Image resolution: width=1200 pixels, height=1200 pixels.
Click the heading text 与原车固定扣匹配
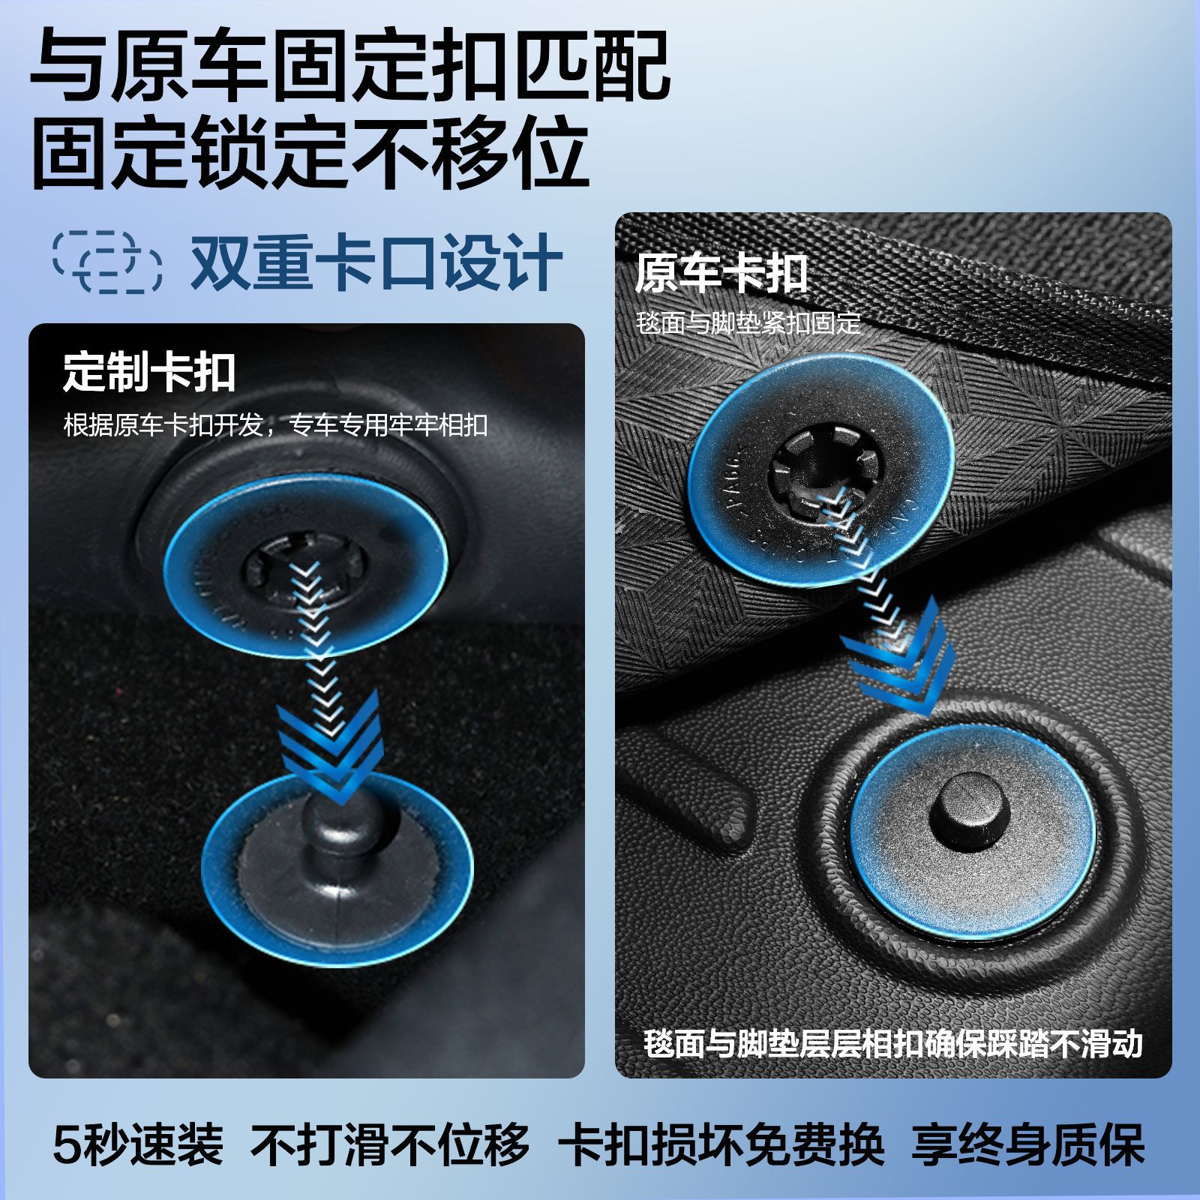pyautogui.click(x=349, y=65)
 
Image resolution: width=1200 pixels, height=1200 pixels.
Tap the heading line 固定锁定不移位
pyautogui.click(x=309, y=155)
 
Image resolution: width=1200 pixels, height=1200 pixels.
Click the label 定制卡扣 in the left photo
pyautogui.click(x=149, y=372)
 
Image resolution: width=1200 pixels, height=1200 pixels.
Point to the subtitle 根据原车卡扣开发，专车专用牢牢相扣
pyautogui.click(x=275, y=425)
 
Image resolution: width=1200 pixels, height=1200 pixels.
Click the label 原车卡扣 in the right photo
pyautogui.click(x=721, y=274)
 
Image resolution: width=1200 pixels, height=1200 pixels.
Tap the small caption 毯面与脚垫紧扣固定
pyautogui.click(x=748, y=323)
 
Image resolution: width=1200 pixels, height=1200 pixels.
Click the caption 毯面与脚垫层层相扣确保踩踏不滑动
pyautogui.click(x=892, y=1044)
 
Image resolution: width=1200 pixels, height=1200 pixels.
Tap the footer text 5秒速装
pyautogui.click(x=138, y=1144)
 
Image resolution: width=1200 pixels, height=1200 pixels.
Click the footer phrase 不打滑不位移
pyautogui.click(x=390, y=1144)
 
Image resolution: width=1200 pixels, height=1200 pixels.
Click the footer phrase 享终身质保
pyautogui.click(x=1027, y=1144)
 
